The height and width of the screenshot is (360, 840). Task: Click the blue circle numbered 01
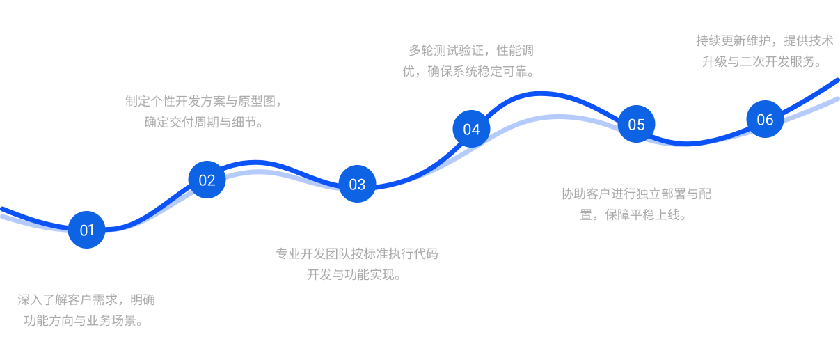tap(87, 230)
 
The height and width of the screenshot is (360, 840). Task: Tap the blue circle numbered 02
tap(207, 180)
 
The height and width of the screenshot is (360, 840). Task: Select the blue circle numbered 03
tap(357, 184)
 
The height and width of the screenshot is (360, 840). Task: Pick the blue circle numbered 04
tap(471, 129)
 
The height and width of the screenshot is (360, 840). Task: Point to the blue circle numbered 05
tap(636, 124)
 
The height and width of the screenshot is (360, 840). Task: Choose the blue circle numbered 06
tap(765, 119)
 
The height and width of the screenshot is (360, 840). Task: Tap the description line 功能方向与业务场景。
tap(86, 321)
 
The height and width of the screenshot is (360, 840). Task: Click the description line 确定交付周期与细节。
tap(204, 122)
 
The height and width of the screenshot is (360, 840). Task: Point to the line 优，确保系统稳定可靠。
tap(469, 71)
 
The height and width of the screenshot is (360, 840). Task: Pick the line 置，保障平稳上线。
tap(634, 214)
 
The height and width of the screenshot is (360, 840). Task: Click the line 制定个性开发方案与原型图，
tap(205, 101)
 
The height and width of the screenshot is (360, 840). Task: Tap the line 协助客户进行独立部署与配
tap(636, 194)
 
